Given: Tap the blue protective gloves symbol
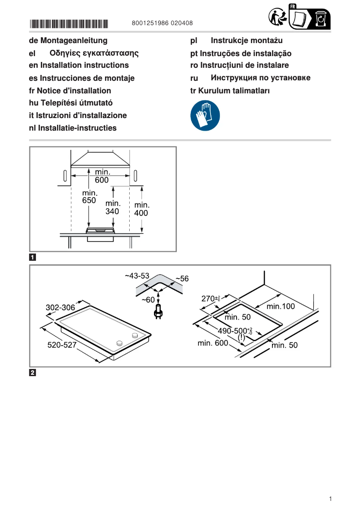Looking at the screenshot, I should tap(205, 116).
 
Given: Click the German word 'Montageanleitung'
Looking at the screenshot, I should tap(74, 41).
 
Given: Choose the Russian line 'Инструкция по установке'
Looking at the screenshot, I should tap(260, 78).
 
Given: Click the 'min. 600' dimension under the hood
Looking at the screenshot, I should tap(101, 176).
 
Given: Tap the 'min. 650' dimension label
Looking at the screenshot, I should tap(89, 197).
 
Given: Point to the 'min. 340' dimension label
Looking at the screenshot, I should tap(113, 207).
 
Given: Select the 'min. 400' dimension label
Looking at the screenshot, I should tap(141, 209).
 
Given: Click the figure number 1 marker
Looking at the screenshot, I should tap(33, 258).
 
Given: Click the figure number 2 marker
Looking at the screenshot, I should tap(33, 373).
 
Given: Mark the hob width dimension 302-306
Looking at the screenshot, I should tap(60, 308).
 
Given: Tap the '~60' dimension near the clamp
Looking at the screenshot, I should tap(148, 299).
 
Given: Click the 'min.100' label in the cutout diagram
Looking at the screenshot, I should tap(281, 307).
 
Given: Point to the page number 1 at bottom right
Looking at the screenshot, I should tap(330, 499).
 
